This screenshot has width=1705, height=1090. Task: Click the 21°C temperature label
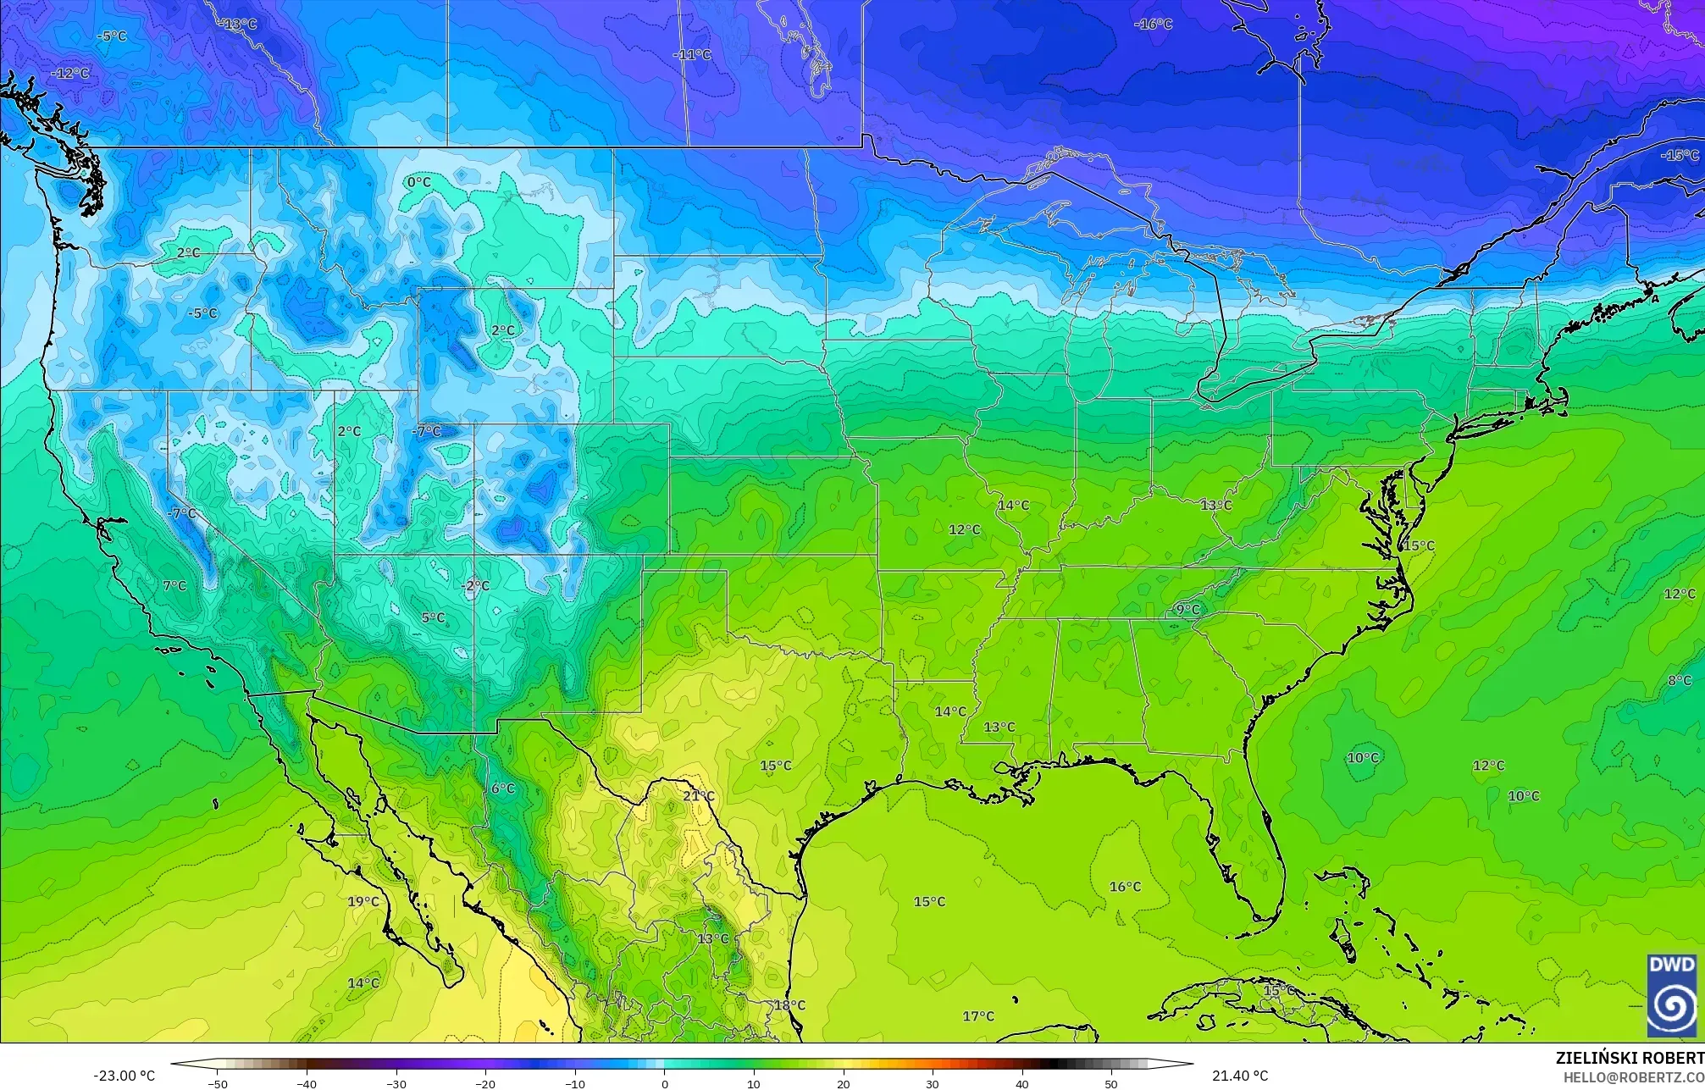point(699,796)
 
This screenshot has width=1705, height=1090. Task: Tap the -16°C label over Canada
point(1153,24)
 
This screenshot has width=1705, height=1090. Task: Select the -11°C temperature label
point(692,55)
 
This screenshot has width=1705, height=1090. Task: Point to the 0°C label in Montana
point(418,182)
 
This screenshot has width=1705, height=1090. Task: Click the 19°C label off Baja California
point(363,901)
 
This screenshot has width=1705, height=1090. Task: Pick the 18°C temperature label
point(789,1005)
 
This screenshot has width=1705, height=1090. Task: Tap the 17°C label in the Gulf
point(978,1016)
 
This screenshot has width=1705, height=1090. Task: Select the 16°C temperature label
point(1125,887)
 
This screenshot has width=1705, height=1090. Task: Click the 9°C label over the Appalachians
point(1187,610)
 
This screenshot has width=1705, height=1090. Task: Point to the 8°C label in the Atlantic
point(1680,681)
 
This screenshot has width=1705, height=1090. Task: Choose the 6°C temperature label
point(502,788)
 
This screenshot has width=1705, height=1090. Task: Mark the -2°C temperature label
point(475,586)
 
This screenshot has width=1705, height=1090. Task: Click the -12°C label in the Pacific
point(70,74)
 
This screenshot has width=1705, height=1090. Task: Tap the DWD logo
point(1672,995)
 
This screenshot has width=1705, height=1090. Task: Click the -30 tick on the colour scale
point(396,1083)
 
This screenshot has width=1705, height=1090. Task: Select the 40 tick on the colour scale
point(1021,1083)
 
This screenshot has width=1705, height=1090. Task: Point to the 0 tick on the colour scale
point(665,1083)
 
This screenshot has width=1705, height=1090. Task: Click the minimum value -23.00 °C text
point(124,1076)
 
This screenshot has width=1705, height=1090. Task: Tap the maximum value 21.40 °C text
point(1240,1076)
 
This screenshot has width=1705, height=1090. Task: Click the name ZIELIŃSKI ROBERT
point(1629,1058)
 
